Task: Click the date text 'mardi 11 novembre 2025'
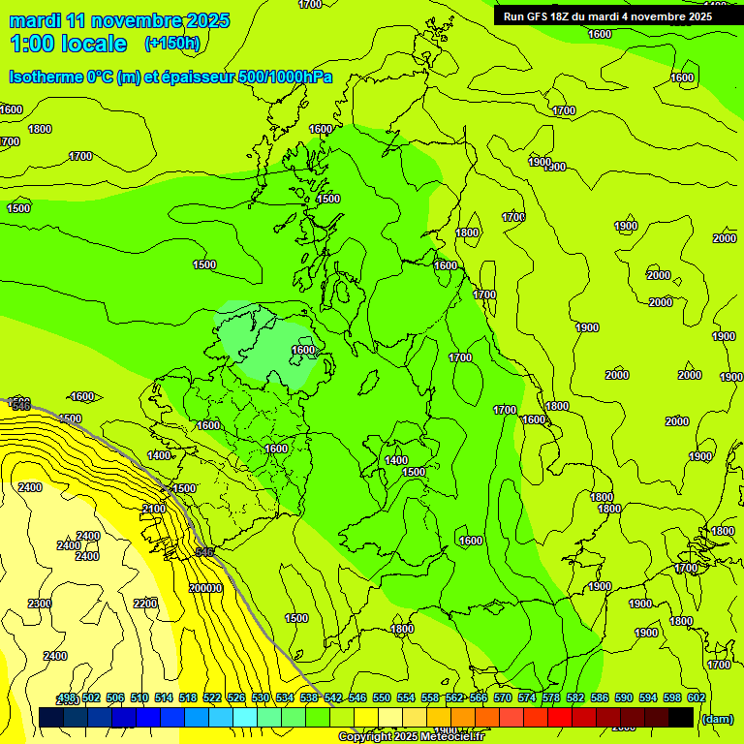119,20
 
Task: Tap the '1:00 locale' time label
68,44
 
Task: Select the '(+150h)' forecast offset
171,43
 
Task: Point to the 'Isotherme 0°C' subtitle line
170,77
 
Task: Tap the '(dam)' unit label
717,718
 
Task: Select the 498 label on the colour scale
67,698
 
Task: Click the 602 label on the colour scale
697,698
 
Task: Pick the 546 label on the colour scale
357,698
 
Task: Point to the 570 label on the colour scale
503,698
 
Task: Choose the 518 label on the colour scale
188,698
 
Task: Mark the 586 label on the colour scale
600,698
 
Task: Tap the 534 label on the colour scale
285,698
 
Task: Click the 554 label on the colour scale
406,698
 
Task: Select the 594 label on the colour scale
648,698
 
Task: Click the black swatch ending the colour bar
681,717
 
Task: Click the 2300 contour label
40,604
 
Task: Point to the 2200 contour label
145,604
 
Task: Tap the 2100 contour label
153,509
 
